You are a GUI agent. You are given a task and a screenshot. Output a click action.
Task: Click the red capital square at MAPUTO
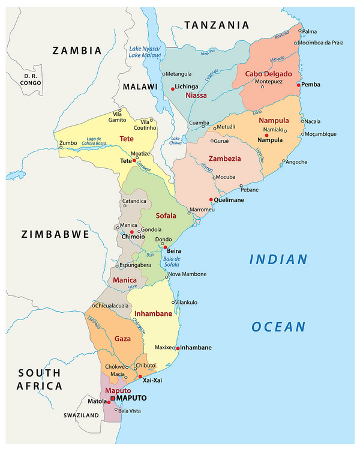[112, 398]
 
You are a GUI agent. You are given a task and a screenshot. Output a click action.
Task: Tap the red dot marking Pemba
[298, 85]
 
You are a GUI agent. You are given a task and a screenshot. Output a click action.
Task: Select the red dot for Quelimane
[211, 200]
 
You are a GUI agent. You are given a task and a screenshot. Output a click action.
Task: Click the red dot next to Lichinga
[172, 88]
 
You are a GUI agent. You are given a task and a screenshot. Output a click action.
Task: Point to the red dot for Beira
[165, 247]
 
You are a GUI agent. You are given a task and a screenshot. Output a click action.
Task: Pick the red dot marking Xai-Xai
[140, 377]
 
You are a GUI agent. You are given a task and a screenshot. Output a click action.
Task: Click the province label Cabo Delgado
[268, 74]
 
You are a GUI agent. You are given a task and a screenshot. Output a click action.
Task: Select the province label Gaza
[122, 339]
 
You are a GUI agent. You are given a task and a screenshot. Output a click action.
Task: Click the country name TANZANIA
[216, 25]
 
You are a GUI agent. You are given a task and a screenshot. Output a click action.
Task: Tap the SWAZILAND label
[81, 415]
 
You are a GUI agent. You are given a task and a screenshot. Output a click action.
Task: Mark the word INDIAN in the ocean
[278, 259]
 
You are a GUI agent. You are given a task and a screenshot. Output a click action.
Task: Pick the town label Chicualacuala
[117, 305]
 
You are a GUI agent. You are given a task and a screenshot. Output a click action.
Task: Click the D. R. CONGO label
[30, 80]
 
